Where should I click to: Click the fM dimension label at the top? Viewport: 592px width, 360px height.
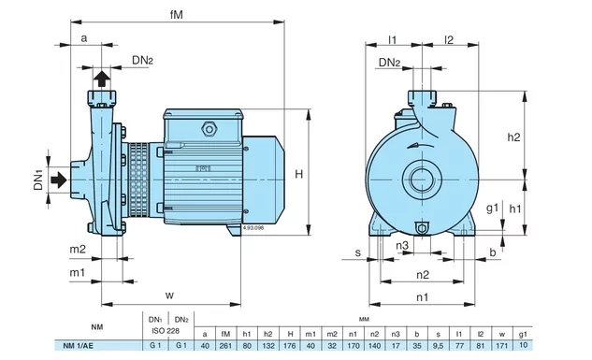[x=177, y=15]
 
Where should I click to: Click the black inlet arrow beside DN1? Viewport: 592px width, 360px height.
[x=59, y=180]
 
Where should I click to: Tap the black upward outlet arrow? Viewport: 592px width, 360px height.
[x=102, y=79]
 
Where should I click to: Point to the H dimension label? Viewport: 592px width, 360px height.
[x=299, y=174]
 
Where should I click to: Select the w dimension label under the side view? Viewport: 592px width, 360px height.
[x=169, y=295]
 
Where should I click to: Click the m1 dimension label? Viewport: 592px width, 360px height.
[x=78, y=272]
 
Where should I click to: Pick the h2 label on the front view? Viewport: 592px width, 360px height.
[x=513, y=137]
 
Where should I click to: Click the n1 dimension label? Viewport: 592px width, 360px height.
[x=423, y=297]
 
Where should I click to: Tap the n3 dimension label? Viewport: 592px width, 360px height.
[x=402, y=246]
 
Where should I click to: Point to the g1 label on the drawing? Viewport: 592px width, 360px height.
[x=492, y=208]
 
